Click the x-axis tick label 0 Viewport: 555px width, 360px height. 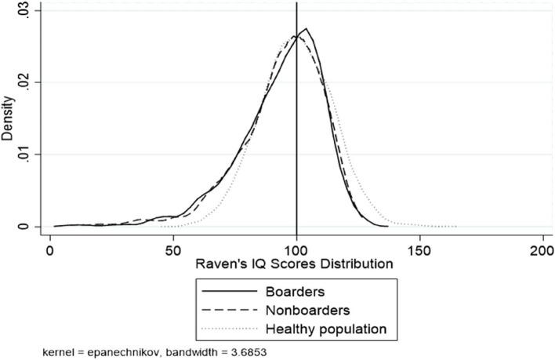point(50,250)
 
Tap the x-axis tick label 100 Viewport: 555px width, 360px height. point(296,250)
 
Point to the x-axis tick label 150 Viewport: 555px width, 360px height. point(419,250)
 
